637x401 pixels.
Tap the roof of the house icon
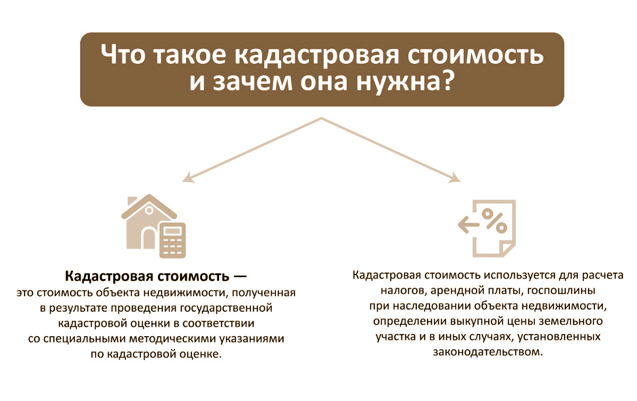(148, 207)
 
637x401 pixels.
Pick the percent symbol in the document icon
(494, 220)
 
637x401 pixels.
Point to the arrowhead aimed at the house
(187, 178)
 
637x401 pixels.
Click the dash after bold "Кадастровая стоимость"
(241, 277)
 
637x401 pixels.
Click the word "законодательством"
(488, 352)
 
